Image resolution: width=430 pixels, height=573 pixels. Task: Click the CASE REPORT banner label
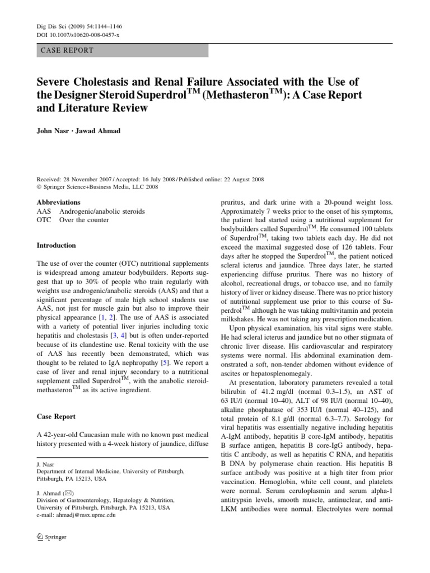coord(67,50)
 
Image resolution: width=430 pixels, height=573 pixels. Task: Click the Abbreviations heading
coord(58,202)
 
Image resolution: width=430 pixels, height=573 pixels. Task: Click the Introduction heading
coord(56,245)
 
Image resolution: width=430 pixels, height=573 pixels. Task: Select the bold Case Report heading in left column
coord(57,417)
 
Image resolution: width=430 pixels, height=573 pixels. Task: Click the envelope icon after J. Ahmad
coord(68,493)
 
